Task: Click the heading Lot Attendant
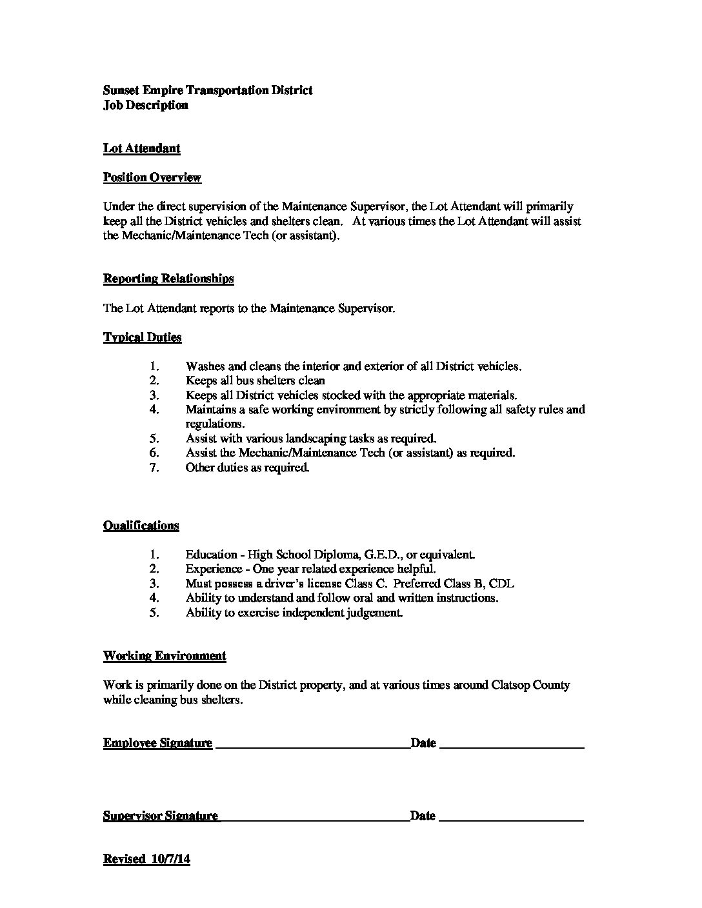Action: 141,148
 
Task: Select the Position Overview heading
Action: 152,177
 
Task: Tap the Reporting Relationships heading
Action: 168,279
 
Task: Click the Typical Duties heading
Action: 142,337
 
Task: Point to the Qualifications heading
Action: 141,526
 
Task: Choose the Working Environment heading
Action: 165,656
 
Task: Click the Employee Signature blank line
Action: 312,745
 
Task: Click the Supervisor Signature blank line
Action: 314,818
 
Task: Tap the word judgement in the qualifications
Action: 375,613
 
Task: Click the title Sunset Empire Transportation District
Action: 208,90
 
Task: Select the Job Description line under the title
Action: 145,105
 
